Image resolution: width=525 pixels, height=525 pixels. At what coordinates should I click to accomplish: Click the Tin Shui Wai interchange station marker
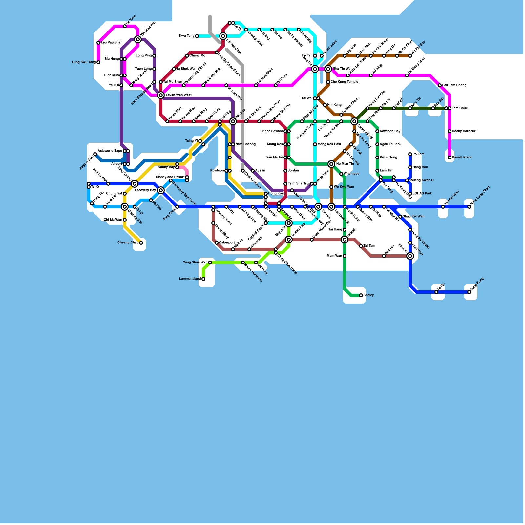point(138,39)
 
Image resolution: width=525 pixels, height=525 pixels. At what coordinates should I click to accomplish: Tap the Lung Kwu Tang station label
point(84,62)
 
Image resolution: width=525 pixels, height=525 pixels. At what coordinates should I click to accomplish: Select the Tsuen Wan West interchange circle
point(161,95)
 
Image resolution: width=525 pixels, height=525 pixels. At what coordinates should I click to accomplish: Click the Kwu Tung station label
point(187,36)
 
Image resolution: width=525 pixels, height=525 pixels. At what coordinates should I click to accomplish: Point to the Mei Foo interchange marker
point(233,121)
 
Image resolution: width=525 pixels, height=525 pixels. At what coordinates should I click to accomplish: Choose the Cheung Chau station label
point(128,243)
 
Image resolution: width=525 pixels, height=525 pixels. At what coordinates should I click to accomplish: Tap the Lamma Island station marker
point(203,279)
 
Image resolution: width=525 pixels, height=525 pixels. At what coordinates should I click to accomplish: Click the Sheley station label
point(369,295)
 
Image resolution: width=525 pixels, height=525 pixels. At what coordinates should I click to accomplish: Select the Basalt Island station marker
point(450,157)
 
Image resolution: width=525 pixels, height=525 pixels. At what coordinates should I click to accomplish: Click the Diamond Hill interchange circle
point(354,121)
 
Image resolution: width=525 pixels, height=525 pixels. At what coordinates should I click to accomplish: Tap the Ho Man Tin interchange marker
point(331,164)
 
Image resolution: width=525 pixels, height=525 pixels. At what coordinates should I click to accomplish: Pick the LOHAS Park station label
point(422,194)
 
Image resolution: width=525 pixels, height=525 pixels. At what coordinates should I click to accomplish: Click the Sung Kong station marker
point(469,292)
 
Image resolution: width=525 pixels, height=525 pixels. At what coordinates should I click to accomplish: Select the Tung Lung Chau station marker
point(469,207)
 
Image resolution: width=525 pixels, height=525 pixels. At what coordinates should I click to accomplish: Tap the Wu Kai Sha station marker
point(410,56)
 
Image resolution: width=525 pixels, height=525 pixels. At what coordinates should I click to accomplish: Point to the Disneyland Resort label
point(170,177)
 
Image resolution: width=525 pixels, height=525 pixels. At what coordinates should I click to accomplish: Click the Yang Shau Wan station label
point(195,262)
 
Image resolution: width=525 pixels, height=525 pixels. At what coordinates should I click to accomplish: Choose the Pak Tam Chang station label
point(454,85)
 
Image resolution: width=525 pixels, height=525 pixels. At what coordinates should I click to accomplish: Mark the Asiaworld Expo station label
point(110,151)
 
